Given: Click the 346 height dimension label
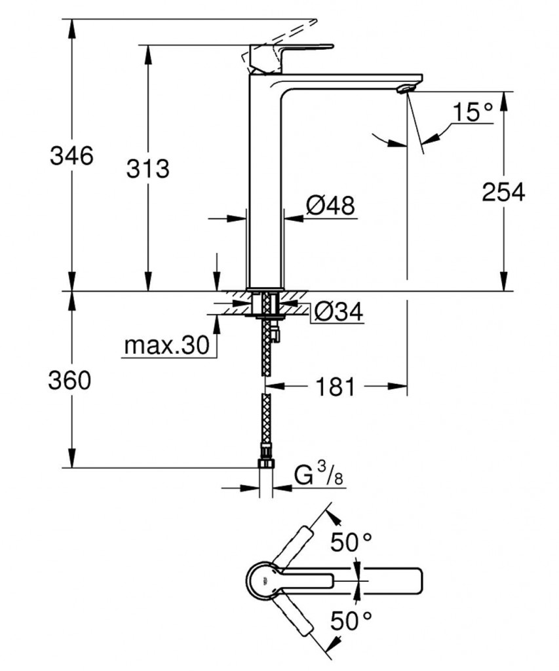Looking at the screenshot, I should coord(72,156).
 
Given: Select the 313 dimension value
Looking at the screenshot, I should coord(147,168).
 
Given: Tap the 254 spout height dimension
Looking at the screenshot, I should coord(503,192).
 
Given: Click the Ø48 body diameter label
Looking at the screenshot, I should coord(330,206).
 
